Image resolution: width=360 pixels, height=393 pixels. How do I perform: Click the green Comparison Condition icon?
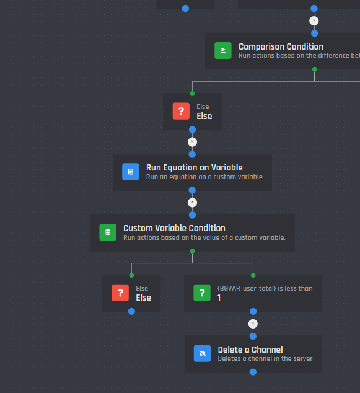point(222,50)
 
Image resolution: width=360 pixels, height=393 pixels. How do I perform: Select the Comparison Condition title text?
point(281,46)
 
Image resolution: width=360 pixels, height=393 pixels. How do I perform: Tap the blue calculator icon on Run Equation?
point(131,172)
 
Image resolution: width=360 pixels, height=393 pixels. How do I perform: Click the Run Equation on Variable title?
point(194,167)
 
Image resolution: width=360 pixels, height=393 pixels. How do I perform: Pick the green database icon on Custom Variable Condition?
point(108,232)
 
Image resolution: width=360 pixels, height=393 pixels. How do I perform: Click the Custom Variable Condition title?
point(174,228)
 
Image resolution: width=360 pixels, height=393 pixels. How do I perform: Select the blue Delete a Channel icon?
point(202,353)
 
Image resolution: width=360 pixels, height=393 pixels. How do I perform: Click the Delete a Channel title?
point(250,350)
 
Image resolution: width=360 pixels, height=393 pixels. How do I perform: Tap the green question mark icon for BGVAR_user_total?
point(202,293)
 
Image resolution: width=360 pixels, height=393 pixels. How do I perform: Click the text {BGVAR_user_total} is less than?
point(265,288)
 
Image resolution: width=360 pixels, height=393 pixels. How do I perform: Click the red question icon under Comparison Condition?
point(181,111)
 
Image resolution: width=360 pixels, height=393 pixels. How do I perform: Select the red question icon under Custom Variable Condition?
point(120,293)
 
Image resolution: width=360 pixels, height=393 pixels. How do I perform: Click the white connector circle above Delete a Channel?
point(253,324)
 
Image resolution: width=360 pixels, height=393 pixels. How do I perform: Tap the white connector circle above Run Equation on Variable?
point(193,142)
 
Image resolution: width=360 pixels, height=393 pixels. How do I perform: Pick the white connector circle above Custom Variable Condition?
point(193,203)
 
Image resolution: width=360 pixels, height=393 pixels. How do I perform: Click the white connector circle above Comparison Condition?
point(314,21)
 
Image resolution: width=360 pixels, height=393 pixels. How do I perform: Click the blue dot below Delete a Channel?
point(253,372)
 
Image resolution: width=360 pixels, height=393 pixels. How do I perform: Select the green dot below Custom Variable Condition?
point(193,251)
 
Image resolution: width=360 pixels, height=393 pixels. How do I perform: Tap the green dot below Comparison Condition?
point(315,69)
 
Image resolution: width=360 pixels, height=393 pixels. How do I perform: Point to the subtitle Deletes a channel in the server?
point(265,358)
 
